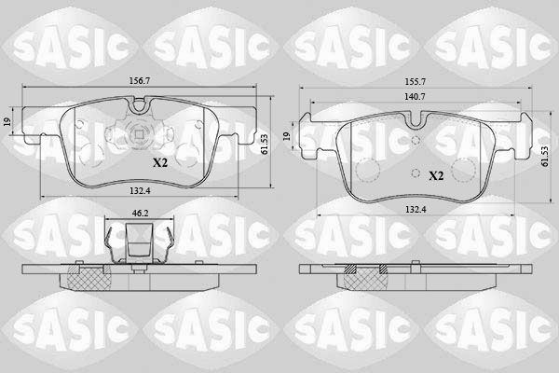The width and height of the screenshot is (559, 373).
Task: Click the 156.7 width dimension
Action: tap(140, 81)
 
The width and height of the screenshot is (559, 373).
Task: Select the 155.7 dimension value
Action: tap(415, 82)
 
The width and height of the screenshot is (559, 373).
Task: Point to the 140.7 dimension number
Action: tap(415, 96)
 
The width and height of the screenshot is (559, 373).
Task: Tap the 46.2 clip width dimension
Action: tap(140, 214)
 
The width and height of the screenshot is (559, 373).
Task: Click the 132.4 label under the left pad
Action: tap(140, 191)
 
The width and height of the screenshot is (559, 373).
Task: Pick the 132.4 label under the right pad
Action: tap(416, 210)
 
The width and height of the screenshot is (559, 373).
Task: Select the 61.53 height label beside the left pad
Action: tap(265, 145)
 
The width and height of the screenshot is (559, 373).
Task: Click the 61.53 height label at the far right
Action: tap(544, 157)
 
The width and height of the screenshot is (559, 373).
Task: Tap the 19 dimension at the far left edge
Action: tap(7, 121)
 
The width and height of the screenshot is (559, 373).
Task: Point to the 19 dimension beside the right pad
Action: tap(287, 136)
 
